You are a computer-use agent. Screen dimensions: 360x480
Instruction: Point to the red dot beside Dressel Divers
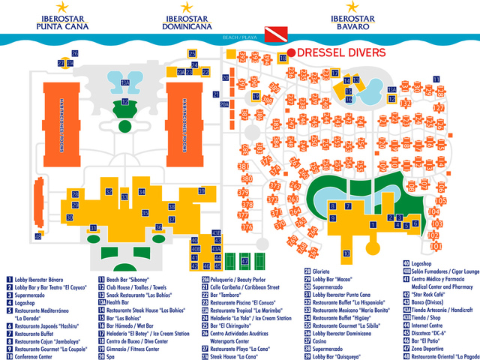point(291,52)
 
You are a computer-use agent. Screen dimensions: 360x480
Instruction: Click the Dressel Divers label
point(341,52)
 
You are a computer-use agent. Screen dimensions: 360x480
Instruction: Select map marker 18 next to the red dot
point(283,58)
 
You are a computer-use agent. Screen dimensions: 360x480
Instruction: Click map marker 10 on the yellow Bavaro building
point(346,253)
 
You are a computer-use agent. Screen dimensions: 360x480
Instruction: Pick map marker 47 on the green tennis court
point(244,261)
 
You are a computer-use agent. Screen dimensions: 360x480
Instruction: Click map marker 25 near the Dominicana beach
point(193,55)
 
